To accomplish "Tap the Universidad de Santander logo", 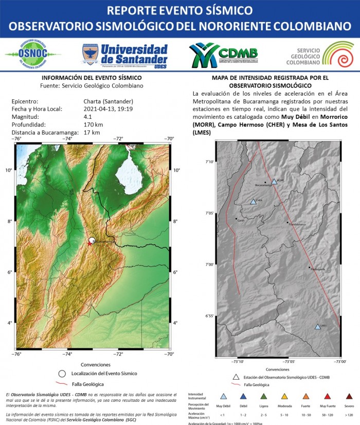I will coord(125,55).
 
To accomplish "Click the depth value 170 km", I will coord(93,125).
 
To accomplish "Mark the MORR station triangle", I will coord(274,182).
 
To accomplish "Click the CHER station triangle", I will coord(253,202).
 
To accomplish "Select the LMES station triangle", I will coord(318,326).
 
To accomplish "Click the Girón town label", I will coord(240,220).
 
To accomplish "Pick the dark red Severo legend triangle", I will coord(349,396).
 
